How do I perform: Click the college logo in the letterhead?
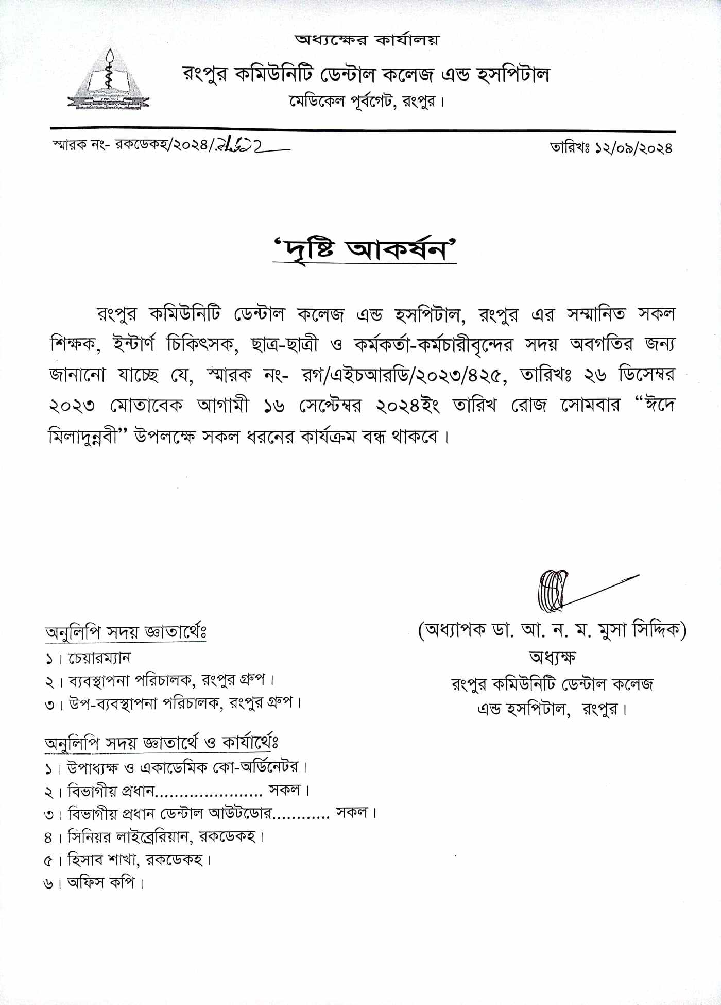pyautogui.click(x=108, y=80)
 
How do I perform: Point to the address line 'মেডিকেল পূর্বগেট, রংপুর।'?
pyautogui.click(x=367, y=102)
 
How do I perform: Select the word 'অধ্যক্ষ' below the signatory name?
pyautogui.click(x=552, y=657)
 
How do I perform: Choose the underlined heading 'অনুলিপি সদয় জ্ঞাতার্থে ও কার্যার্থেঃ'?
pyautogui.click(x=162, y=743)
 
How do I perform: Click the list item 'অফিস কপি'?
pyautogui.click(x=101, y=883)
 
